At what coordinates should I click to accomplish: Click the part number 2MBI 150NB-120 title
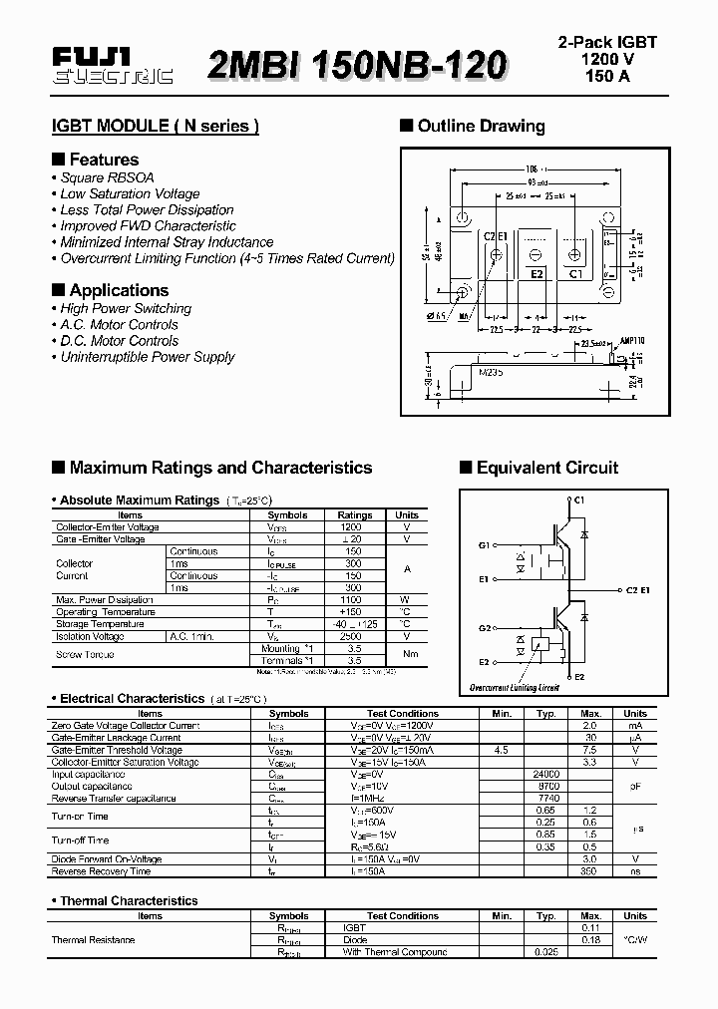tap(357, 65)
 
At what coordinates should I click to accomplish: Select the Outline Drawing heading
tap(481, 127)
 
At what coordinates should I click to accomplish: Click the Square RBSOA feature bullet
tap(107, 177)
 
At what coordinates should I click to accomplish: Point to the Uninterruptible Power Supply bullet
tap(147, 357)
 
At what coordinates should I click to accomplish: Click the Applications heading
tap(119, 290)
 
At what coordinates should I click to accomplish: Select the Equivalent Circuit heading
tap(546, 468)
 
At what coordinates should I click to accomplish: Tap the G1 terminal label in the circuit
tap(485, 545)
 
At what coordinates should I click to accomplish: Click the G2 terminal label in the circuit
tap(485, 628)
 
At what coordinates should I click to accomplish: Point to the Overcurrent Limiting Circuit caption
tap(515, 688)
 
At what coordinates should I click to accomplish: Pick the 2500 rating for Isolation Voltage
tap(351, 636)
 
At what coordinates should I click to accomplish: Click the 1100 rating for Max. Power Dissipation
tap(351, 600)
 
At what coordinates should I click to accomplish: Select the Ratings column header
tap(355, 515)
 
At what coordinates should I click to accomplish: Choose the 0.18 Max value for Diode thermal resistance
tap(590, 939)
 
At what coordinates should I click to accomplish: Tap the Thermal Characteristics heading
tap(129, 900)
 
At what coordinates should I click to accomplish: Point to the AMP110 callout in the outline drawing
tap(633, 340)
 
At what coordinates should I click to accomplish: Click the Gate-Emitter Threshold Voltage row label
tap(116, 750)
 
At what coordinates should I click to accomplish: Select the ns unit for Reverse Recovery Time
tap(635, 870)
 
